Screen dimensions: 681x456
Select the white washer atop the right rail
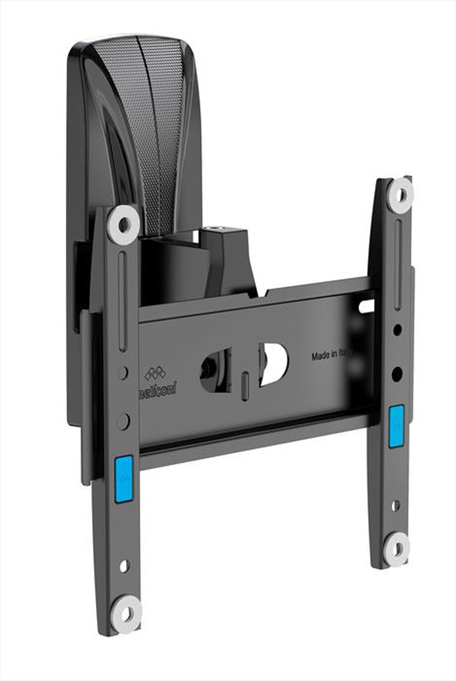point(400,195)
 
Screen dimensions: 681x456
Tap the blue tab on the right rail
point(396,426)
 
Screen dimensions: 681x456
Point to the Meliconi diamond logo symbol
point(155,374)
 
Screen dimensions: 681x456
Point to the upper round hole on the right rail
point(398,328)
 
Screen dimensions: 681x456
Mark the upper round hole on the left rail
point(122,372)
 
